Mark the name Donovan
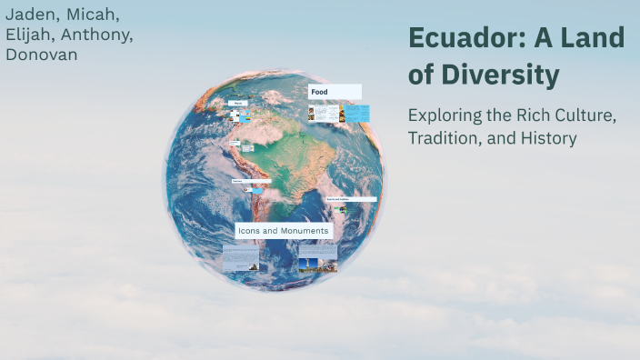42,55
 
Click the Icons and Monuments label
284,231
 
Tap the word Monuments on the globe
306,231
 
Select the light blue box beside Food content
357,113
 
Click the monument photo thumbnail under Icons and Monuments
317,260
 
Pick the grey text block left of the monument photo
240,259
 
